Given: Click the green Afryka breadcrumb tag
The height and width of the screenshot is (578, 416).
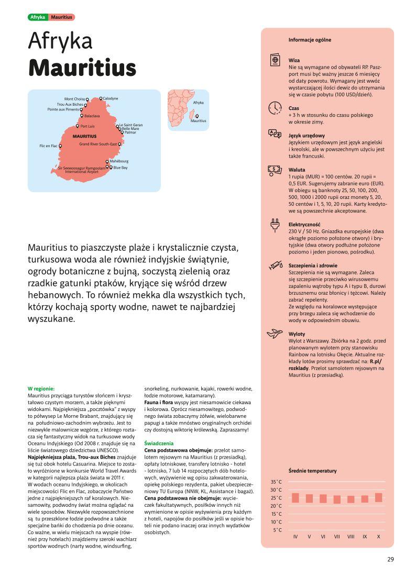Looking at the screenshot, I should coord(38,17).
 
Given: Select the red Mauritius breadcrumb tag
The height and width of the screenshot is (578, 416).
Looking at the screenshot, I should coord(62,17).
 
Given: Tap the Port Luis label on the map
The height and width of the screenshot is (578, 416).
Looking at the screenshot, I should coord(87,126).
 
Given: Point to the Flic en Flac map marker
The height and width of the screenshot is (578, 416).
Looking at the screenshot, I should coord(60,146).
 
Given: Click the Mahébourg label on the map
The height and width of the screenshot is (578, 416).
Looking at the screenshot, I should coord(119,161).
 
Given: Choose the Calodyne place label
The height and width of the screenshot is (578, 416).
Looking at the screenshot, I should coord(111,98).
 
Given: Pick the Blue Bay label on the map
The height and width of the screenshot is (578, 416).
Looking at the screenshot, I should coord(121,168).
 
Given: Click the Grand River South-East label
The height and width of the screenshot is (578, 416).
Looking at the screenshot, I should coord(98,144).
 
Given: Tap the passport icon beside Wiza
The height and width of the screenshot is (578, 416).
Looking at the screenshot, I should coord(274,60).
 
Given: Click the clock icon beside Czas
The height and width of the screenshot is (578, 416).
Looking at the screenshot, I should coord(275,108).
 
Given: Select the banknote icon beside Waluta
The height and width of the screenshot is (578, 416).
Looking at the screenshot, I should coord(274,169).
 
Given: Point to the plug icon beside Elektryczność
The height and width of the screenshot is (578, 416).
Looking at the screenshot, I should coord(274,226).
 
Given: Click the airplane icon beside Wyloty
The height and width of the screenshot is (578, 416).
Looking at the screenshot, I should coord(274,334).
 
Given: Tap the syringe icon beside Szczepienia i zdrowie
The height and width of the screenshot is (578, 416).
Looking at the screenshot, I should coord(274,266).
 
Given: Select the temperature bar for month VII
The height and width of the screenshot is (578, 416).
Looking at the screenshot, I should coord(337,499).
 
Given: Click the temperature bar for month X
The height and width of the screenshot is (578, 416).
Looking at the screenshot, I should coord(378,497).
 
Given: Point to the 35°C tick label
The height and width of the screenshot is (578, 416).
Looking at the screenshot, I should coord(276,482).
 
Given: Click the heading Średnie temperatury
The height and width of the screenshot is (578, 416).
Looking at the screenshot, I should coord(312,471).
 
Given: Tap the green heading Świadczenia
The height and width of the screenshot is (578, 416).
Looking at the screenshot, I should coord(156,443).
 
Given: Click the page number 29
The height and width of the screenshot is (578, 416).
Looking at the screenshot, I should coord(390,559).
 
